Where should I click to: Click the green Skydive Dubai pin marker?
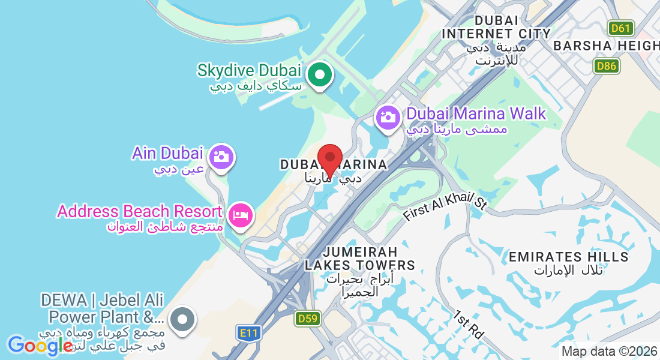coord(320,76)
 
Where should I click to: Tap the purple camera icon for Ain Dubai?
coord(221,157)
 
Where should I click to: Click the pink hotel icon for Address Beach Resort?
coord(241,214)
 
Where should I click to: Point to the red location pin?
coord(329,158)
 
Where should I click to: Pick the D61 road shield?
coord(620,28)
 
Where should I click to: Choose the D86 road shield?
coord(607,66)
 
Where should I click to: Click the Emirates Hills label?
coord(568,257)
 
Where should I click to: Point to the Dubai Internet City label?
coord(496,26)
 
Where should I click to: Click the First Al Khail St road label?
coord(444,207)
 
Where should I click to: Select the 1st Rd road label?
coord(468,324)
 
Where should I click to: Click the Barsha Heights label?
coord(606,46)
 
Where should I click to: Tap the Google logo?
coord(40,345)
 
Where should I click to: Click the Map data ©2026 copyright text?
coord(608,352)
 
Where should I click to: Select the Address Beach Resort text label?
coord(140,211)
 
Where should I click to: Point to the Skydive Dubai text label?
coord(249,71)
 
